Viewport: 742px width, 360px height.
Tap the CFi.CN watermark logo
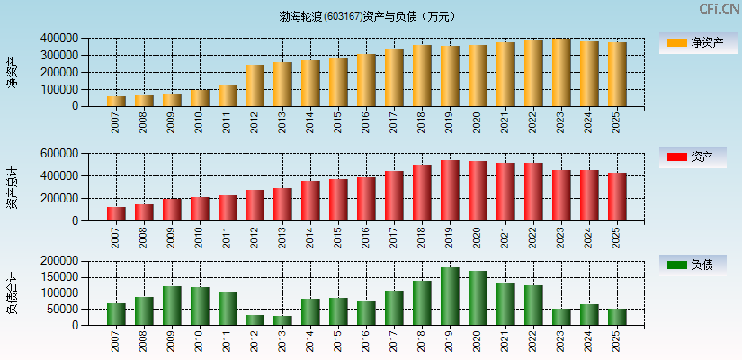click(719, 9)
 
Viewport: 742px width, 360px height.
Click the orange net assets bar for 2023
click(561, 73)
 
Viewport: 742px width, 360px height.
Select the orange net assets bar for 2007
click(116, 101)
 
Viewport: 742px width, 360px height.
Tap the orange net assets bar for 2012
click(255, 85)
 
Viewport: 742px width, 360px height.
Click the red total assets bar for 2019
click(450, 191)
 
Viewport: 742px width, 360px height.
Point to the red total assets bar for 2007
click(116, 214)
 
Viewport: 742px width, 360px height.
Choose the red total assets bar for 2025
click(617, 197)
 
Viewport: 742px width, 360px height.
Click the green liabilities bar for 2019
click(450, 296)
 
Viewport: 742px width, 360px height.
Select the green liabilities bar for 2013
click(282, 320)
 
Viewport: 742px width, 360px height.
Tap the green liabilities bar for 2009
click(172, 306)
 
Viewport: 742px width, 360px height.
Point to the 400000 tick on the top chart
click(58, 39)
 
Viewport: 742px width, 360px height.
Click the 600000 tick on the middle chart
click(58, 154)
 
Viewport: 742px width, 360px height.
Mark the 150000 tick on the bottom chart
click(58, 277)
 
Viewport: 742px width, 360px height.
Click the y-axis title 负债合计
click(13, 293)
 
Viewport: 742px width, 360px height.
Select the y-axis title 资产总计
click(13, 187)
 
